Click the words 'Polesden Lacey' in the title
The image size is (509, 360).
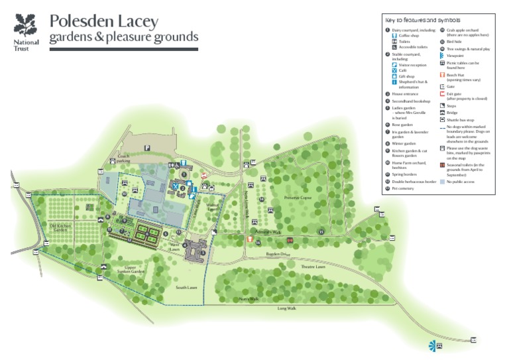[104, 21]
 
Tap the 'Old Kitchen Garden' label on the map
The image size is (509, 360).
[60, 228]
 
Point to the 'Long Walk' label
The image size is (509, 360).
[286, 308]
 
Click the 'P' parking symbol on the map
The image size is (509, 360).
[148, 148]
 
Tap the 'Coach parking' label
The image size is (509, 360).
[123, 158]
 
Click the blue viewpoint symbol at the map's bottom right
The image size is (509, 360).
[432, 345]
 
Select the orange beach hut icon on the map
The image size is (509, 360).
[249, 239]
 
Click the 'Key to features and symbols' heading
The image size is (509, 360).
[422, 21]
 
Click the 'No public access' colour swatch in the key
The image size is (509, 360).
[442, 181]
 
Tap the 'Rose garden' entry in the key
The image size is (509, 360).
[403, 124]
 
